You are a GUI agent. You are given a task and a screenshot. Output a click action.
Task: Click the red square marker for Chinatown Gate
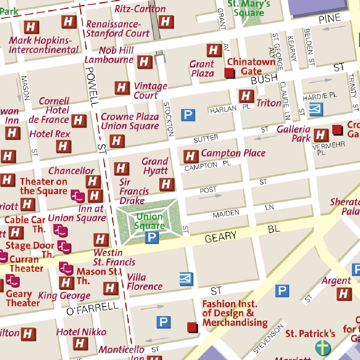coord(229,73)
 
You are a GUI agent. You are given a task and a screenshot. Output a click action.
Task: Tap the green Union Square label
coord(150,221)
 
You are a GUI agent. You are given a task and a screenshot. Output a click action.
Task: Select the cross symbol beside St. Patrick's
coord(323,347)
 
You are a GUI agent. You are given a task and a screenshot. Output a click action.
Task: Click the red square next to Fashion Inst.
coord(192,327)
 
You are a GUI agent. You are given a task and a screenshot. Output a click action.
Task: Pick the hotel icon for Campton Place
coord(191,156)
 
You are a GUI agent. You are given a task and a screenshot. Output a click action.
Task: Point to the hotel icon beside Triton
coord(246,96)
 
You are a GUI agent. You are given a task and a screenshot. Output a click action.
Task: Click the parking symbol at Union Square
coord(152,238)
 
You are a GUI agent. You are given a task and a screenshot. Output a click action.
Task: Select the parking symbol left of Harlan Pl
coord(188,115)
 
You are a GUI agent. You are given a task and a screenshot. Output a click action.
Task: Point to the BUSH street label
coord(264,79)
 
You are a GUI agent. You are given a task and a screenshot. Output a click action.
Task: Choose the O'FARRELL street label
coord(92,308)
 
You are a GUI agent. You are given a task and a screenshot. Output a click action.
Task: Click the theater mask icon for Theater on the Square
coord(78,196)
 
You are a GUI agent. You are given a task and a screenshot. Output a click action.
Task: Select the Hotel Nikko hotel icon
coord(81,343)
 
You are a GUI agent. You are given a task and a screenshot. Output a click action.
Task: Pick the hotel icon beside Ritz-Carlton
coord(166,22)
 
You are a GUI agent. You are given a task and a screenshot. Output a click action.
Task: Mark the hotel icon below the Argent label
coord(344,294)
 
